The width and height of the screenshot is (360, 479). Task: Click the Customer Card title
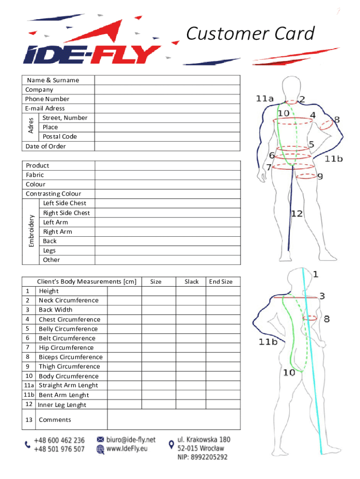pyautogui.click(x=250, y=34)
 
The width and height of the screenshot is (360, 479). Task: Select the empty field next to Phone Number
pyautogui.click(x=167, y=99)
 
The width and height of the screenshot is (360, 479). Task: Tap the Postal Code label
pyautogui.click(x=60, y=137)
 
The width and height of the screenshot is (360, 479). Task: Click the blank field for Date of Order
pyautogui.click(x=167, y=146)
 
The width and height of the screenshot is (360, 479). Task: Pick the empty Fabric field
pyautogui.click(x=167, y=175)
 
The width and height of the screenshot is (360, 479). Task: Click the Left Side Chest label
pyautogui.click(x=65, y=203)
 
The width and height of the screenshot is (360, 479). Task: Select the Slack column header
pyautogui.click(x=191, y=282)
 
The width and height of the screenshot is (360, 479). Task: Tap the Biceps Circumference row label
pyautogui.click(x=71, y=357)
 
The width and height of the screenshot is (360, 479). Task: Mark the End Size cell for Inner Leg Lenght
pyautogui.click(x=223, y=405)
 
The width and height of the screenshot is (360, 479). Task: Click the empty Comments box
pyautogui.click(x=174, y=420)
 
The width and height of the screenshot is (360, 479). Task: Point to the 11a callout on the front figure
pyautogui.click(x=265, y=99)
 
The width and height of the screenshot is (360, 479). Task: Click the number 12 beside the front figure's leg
pyautogui.click(x=297, y=214)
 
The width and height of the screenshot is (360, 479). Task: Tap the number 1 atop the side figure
pyautogui.click(x=316, y=274)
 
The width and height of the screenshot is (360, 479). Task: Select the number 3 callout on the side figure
pyautogui.click(x=322, y=296)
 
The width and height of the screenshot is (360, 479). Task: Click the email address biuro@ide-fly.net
pyautogui.click(x=131, y=440)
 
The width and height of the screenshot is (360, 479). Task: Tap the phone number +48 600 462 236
pyautogui.click(x=59, y=440)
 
